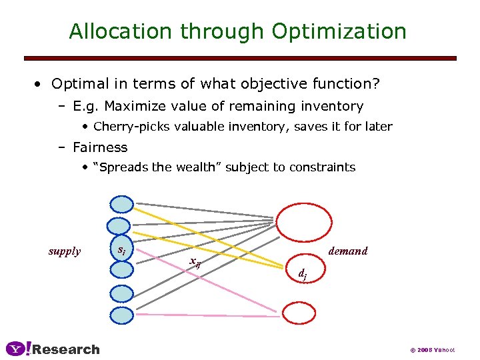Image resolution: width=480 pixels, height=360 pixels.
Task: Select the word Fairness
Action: [100, 147]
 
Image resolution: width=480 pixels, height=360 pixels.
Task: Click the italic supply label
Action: [65, 251]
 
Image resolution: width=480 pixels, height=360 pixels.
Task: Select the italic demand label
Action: [348, 251]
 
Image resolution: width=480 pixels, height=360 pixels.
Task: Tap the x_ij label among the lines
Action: [195, 262]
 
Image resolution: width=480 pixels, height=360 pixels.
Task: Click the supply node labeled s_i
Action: [122, 249]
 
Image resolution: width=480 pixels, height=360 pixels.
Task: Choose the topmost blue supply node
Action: [122, 205]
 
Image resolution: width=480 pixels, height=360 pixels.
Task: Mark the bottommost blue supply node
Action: [122, 315]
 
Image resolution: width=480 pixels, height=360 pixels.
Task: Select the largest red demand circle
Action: [304, 221]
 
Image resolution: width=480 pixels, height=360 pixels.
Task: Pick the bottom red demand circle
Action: [300, 313]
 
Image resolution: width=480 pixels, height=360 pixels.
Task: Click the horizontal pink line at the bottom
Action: [207, 314]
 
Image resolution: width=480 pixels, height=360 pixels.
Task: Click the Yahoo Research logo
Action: [53, 349]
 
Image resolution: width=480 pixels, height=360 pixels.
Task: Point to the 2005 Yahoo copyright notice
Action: [433, 349]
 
